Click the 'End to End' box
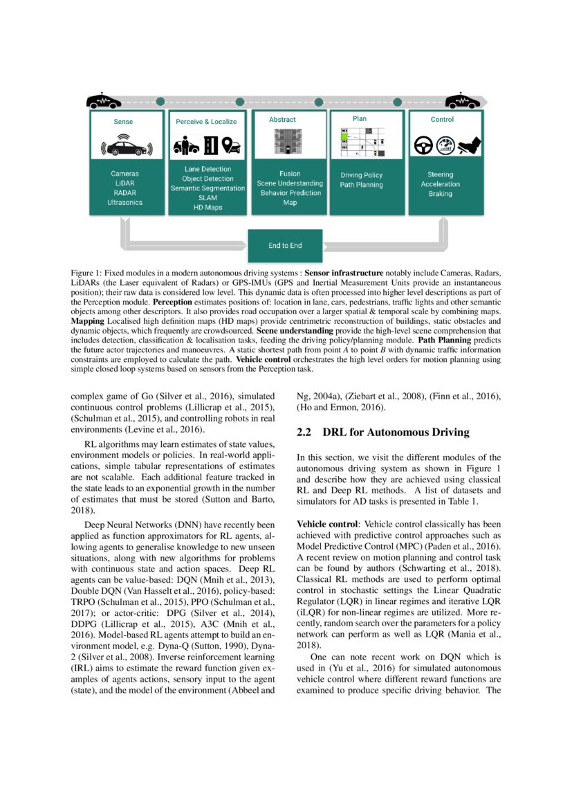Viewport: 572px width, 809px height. click(x=285, y=245)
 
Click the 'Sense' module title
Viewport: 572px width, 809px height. click(x=124, y=121)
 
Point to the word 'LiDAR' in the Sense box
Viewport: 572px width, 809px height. click(x=124, y=183)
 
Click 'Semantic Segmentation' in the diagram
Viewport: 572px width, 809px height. click(x=207, y=188)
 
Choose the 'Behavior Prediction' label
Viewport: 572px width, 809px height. click(x=290, y=193)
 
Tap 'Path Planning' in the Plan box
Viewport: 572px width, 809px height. click(x=361, y=185)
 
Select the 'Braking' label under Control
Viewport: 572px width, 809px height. click(x=440, y=194)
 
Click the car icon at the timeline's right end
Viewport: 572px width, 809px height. click(x=463, y=101)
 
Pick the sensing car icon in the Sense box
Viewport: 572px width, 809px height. click(x=126, y=147)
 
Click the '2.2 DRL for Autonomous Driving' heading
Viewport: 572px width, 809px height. click(x=382, y=433)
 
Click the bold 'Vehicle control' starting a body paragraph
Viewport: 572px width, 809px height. click(x=323, y=525)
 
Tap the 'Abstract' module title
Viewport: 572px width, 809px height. click(x=282, y=120)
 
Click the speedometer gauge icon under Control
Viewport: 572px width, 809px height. click(x=446, y=145)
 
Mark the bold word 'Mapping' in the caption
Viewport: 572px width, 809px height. click(x=88, y=322)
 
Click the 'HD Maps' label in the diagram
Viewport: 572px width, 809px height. click(x=207, y=208)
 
